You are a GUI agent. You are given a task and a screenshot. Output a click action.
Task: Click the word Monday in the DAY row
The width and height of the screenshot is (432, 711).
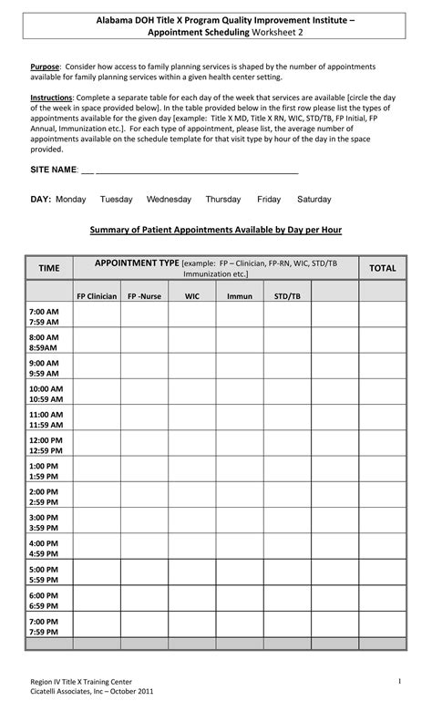(x=70, y=199)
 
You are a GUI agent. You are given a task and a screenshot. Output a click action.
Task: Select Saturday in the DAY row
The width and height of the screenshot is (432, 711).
(x=314, y=199)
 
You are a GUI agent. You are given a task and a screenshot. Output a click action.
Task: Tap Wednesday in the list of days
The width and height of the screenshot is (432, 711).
(x=169, y=199)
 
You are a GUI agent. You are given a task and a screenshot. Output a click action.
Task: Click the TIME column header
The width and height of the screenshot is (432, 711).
(x=48, y=268)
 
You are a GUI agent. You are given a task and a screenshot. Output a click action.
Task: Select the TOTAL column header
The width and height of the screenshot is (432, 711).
(x=382, y=268)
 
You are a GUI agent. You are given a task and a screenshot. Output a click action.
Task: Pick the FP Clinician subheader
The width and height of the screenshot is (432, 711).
(x=96, y=296)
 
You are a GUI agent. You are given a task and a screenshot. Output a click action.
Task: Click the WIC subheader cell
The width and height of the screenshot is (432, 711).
(x=191, y=296)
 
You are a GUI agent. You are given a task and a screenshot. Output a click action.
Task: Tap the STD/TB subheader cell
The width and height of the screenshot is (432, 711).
(x=287, y=296)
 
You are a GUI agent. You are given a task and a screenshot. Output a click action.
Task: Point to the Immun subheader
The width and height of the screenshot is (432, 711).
(x=240, y=296)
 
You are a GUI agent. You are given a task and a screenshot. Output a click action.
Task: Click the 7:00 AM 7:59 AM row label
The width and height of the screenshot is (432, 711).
(x=44, y=316)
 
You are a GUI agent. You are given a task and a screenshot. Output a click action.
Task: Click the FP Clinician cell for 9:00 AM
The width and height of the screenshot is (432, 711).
(x=96, y=367)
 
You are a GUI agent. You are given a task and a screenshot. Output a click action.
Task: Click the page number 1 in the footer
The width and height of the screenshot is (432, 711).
(x=399, y=682)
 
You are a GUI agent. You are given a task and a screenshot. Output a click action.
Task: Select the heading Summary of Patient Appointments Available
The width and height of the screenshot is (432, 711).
(x=215, y=230)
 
